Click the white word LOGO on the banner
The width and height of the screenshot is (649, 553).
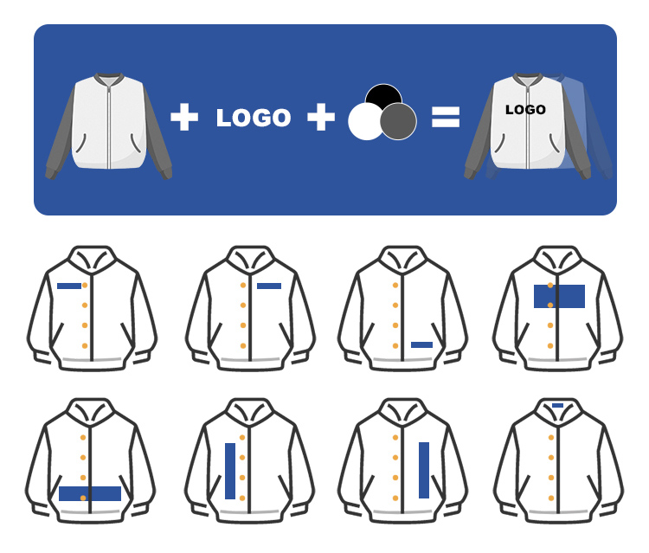point(254,119)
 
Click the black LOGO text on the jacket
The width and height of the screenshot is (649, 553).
point(525,110)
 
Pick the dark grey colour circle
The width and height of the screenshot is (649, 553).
point(399,121)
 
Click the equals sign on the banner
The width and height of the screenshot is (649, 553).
point(446,118)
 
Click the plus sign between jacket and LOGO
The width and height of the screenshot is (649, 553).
point(184,118)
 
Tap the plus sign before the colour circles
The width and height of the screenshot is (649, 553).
point(321,118)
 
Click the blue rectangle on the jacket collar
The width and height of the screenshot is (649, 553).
point(557,405)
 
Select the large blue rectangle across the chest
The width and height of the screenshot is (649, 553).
point(559,296)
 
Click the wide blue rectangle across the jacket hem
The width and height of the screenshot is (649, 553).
point(90,493)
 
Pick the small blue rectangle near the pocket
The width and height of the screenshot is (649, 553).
point(421,344)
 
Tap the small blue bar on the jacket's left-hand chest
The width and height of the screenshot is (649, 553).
point(69,286)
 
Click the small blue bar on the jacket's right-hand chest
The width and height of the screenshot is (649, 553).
point(269,286)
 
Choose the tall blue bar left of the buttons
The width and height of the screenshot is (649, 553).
point(230,471)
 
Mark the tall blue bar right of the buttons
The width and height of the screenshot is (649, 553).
point(424,470)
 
